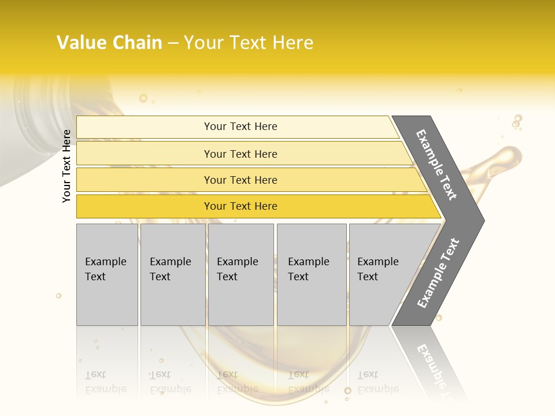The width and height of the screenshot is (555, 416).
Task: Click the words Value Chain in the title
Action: (109, 43)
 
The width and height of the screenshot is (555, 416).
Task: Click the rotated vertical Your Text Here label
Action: (67, 166)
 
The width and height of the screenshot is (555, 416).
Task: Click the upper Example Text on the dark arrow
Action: (436, 165)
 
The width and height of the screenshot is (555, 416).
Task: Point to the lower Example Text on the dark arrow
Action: (438, 273)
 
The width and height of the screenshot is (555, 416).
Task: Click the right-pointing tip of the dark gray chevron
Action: (482, 221)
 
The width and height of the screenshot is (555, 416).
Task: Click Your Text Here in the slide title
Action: (249, 43)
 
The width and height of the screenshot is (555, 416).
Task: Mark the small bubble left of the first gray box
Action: (58, 296)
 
